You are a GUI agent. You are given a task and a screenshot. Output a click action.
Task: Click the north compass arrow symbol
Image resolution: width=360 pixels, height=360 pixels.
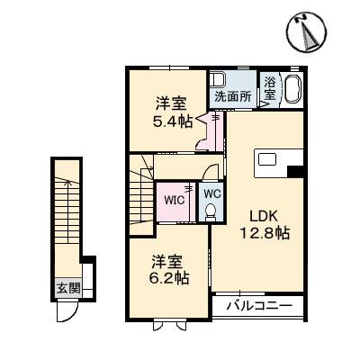(x=308, y=33)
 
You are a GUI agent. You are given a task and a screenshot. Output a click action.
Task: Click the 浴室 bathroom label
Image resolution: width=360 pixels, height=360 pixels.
(x=271, y=91)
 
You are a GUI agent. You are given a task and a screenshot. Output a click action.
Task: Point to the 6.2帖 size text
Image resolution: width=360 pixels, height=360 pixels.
(x=169, y=279)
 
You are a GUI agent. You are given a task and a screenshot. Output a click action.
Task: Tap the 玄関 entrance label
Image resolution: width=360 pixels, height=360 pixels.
(x=68, y=288)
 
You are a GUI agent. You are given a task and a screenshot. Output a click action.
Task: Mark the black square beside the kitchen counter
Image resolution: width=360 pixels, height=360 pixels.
(x=295, y=171)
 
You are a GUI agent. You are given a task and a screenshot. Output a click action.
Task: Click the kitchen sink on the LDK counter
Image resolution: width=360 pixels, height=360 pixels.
(x=268, y=161)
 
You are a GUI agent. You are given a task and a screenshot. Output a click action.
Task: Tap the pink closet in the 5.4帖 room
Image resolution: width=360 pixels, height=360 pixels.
(x=212, y=133)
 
